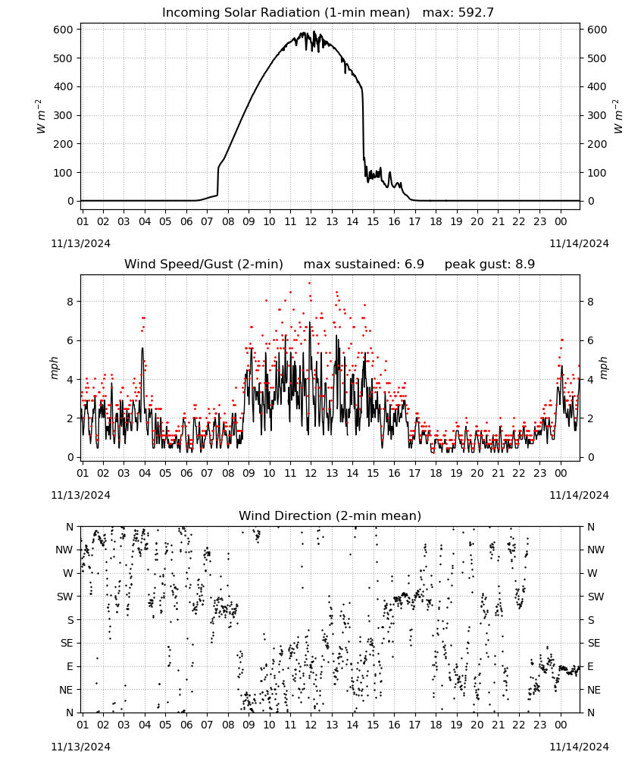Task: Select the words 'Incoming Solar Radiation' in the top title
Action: (241, 13)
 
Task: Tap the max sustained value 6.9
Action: (414, 264)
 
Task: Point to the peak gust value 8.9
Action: (524, 264)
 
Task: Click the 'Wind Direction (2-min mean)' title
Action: (330, 515)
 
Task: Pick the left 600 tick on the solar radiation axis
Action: (64, 30)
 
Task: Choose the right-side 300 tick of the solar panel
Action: (597, 115)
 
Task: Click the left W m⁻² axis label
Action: (41, 116)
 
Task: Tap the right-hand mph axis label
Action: (604, 368)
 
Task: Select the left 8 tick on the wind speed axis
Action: (70, 302)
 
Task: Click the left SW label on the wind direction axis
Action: (65, 597)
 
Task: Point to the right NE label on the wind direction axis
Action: (595, 690)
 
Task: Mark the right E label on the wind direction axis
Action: (590, 666)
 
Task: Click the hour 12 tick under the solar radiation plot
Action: (311, 221)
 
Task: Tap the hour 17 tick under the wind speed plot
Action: (414, 473)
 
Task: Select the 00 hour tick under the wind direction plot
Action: (561, 725)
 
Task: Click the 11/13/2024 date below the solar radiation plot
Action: (80, 243)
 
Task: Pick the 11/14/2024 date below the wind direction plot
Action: (579, 747)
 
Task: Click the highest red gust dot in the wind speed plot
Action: (310, 283)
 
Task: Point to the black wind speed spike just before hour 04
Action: (142, 348)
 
